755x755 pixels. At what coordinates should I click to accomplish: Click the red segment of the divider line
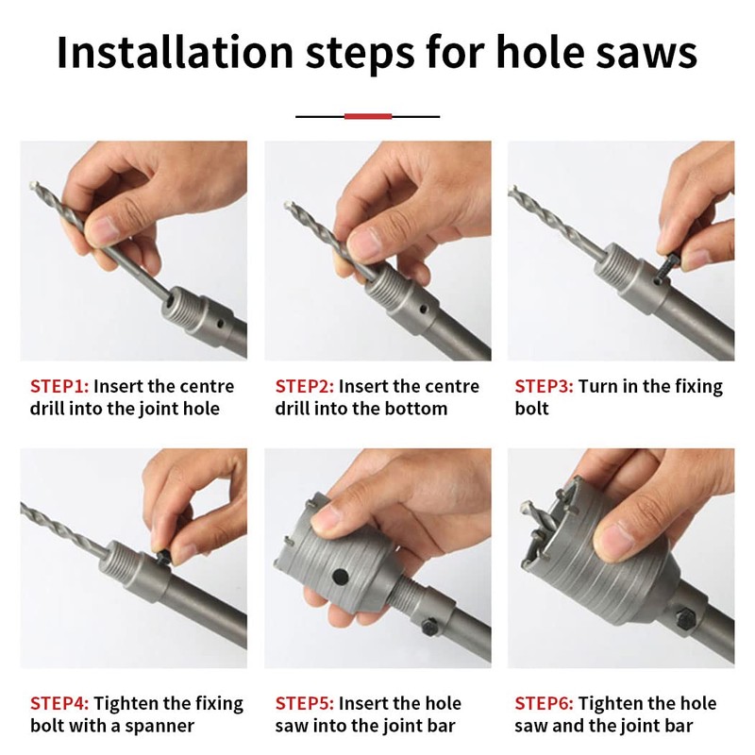point(368,116)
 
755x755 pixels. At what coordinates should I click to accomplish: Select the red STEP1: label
point(59,387)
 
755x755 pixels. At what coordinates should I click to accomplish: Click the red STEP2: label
point(304,387)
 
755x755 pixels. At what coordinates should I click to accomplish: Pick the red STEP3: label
point(544,387)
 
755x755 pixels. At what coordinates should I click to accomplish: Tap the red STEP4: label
point(59,704)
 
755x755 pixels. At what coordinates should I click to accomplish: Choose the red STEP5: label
point(304,704)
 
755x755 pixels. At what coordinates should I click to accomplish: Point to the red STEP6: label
point(544,704)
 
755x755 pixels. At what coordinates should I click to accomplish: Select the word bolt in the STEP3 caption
point(531,409)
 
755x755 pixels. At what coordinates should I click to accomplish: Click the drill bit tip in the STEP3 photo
point(512,190)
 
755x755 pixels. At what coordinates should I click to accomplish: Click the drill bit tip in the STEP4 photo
point(24,506)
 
